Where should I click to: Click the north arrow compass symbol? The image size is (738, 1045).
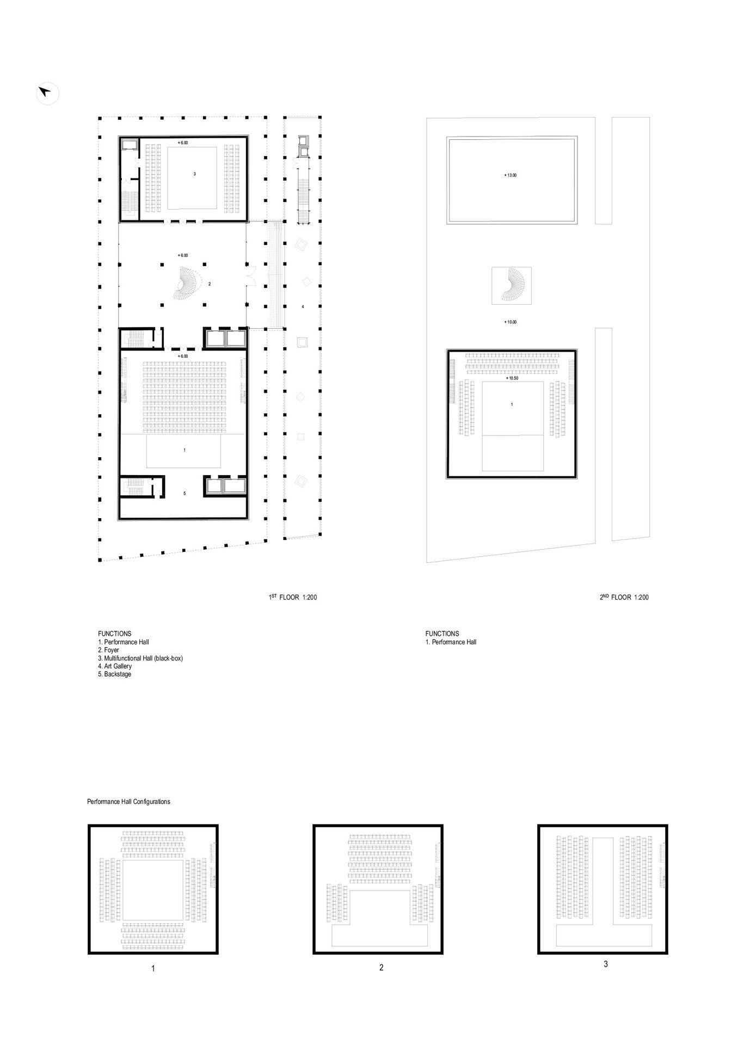[x=47, y=93]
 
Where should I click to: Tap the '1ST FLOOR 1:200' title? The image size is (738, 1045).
[x=293, y=597]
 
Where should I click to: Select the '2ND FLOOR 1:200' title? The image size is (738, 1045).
[x=624, y=597]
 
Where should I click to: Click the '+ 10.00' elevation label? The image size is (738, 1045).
[x=510, y=322]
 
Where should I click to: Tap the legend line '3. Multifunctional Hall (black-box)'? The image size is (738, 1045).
[x=140, y=658]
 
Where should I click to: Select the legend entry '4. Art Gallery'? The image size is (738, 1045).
[x=115, y=666]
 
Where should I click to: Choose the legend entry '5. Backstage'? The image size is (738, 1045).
[x=114, y=674]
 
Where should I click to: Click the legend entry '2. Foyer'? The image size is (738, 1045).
[x=108, y=650]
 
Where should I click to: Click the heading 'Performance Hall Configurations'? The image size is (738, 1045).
[x=128, y=802]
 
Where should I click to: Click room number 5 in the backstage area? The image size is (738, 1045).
[x=184, y=493]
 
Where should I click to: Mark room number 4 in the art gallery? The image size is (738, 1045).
[x=303, y=307]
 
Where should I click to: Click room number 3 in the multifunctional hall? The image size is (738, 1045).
[x=194, y=174]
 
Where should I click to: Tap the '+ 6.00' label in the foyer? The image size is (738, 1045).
[x=183, y=255]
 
